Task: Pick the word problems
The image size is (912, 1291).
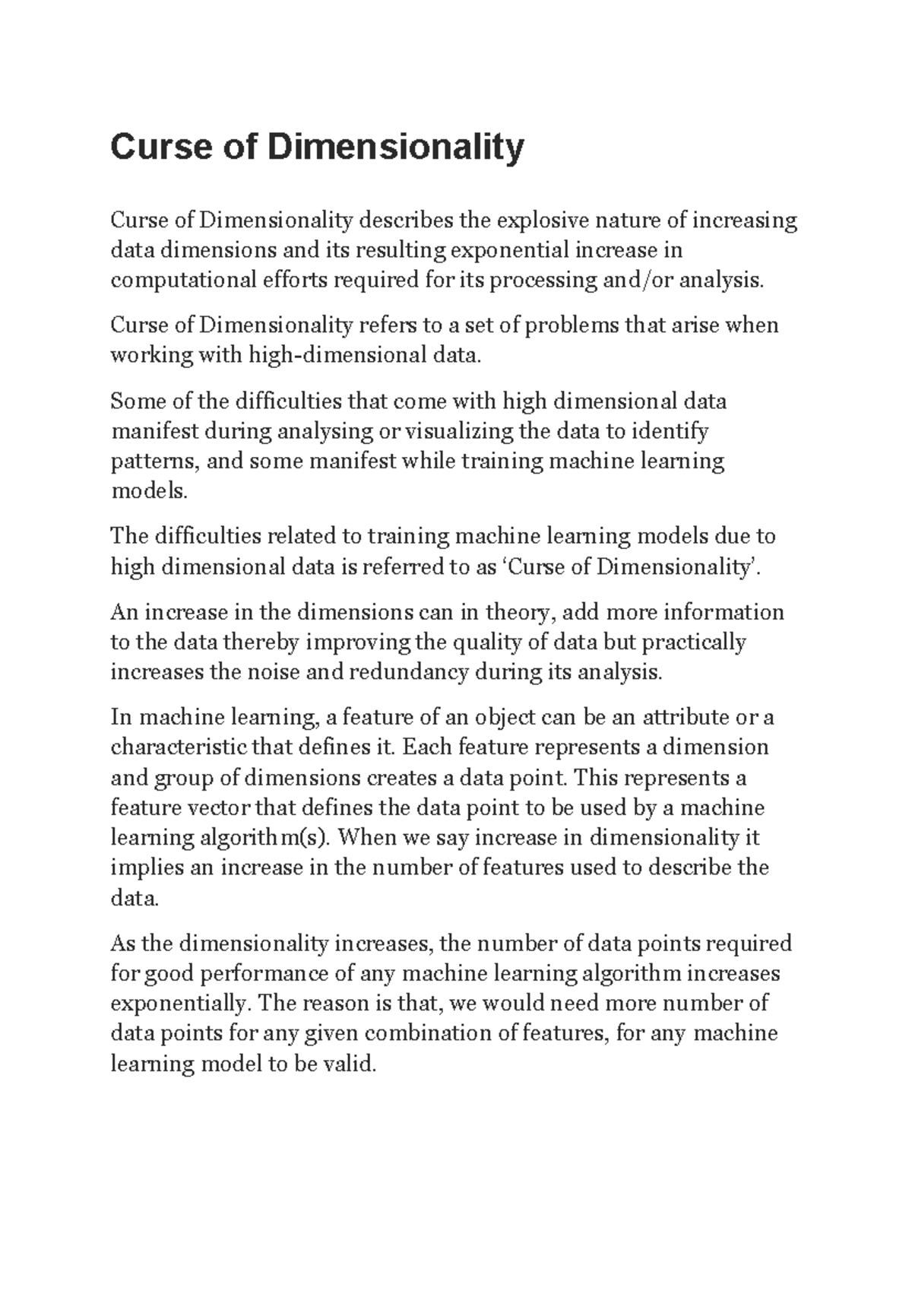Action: [572, 325]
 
